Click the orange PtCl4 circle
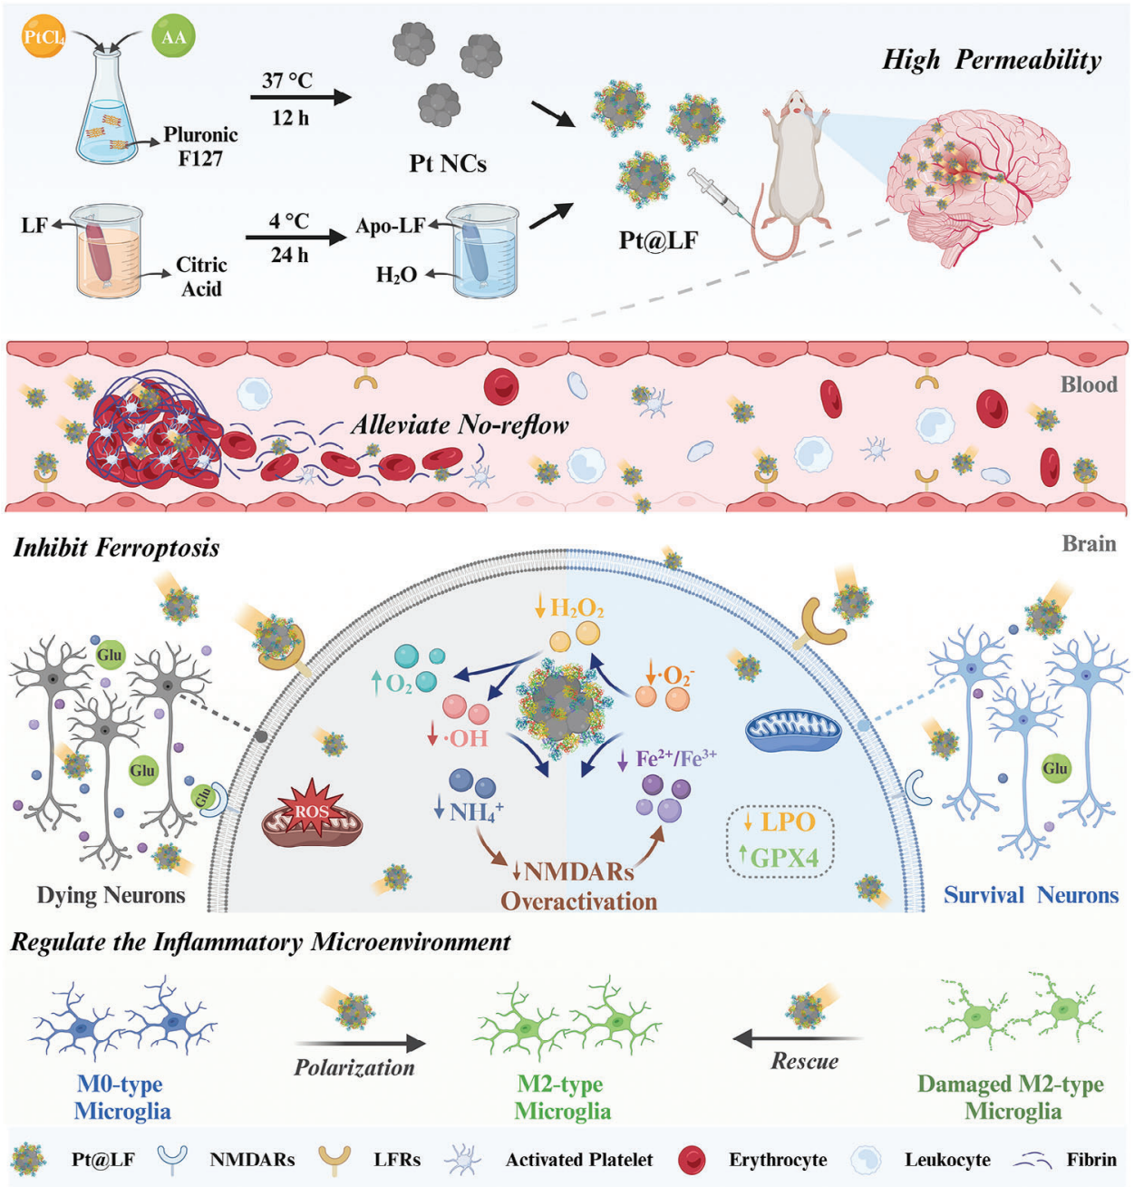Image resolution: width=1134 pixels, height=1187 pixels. pyautogui.click(x=43, y=37)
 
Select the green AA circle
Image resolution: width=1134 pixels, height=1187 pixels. pyautogui.click(x=173, y=37)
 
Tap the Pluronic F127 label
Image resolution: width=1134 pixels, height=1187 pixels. pyautogui.click(x=200, y=146)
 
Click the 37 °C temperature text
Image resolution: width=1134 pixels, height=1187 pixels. pyautogui.click(x=287, y=81)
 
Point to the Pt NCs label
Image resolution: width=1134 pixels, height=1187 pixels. pyautogui.click(x=448, y=164)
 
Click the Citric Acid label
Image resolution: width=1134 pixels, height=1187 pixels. pyautogui.click(x=201, y=277)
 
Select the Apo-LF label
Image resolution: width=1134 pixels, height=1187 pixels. pyautogui.click(x=390, y=226)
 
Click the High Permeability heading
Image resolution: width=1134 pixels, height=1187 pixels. pyautogui.click(x=992, y=61)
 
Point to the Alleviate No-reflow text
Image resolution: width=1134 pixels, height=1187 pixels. pyautogui.click(x=460, y=424)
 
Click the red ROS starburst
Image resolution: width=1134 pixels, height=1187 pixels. pyautogui.click(x=311, y=810)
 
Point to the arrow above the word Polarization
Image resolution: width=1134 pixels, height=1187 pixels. pyautogui.click(x=360, y=1043)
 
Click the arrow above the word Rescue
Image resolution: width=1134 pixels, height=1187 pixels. pyautogui.click(x=797, y=1038)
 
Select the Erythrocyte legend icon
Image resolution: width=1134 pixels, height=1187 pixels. pyautogui.click(x=693, y=1160)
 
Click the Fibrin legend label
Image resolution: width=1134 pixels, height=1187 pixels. pyautogui.click(x=1091, y=1160)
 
